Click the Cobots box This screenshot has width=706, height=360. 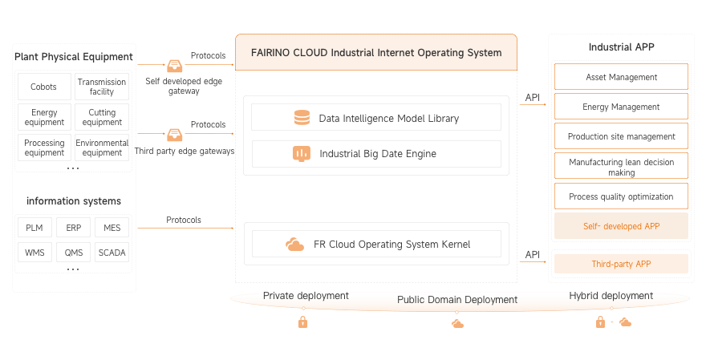[x=43, y=87]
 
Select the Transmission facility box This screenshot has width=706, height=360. [x=102, y=87]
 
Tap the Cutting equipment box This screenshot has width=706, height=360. [x=102, y=117]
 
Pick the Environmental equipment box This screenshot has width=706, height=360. [x=102, y=148]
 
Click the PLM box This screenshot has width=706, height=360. [x=34, y=228]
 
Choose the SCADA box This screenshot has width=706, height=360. [x=112, y=253]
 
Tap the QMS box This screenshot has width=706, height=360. [x=73, y=253]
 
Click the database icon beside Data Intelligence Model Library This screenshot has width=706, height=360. [x=302, y=118]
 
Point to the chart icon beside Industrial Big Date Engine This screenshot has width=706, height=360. [x=302, y=153]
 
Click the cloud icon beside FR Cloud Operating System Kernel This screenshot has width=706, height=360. [x=294, y=245]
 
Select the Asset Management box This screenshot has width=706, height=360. [x=621, y=77]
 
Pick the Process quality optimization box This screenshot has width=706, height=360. [x=621, y=196]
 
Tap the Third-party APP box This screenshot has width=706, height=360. [x=621, y=264]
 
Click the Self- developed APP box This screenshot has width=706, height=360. [x=621, y=226]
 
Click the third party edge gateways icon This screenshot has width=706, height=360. [x=174, y=135]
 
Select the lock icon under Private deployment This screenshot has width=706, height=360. [x=302, y=322]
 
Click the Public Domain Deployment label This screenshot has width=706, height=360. [x=457, y=300]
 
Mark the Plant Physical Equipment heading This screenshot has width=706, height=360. [x=73, y=56]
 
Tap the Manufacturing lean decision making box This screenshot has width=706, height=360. [x=621, y=167]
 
